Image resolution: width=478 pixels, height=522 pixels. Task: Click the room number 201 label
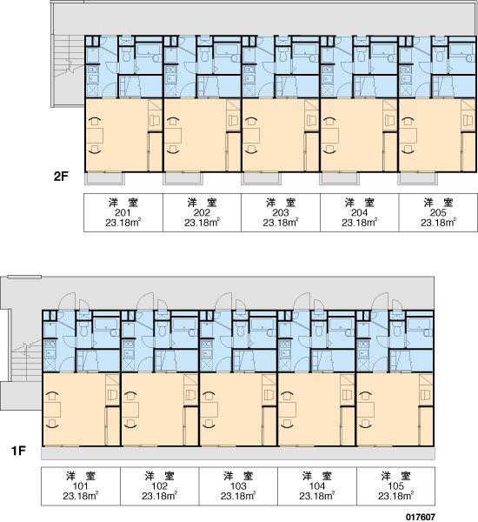coord(123,213)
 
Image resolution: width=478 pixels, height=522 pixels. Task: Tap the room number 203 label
coord(281,213)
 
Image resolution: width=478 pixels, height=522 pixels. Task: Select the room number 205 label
coord(438,213)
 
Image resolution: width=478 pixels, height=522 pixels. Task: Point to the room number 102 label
coord(159,486)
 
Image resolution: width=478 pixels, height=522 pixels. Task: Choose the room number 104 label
coord(317,486)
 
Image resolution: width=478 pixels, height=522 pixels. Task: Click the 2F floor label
coord(61,177)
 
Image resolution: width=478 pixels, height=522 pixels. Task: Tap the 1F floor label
coord(18,451)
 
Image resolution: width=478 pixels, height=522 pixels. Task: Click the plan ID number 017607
coord(421,517)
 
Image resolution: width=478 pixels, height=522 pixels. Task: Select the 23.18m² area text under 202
coord(202,223)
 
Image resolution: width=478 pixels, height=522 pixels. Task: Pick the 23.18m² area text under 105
coord(395,496)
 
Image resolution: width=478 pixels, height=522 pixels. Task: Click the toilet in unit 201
coord(126,55)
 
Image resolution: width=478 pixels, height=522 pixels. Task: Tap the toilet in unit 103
coord(241,329)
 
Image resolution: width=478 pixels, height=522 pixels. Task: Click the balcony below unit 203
coord(261,178)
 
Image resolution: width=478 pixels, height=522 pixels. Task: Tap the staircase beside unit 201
coord(69,56)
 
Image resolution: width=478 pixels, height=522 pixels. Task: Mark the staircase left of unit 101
coord(27,360)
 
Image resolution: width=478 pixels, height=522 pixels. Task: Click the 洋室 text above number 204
coord(359,203)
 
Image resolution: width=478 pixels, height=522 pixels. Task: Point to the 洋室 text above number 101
coord(81,476)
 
